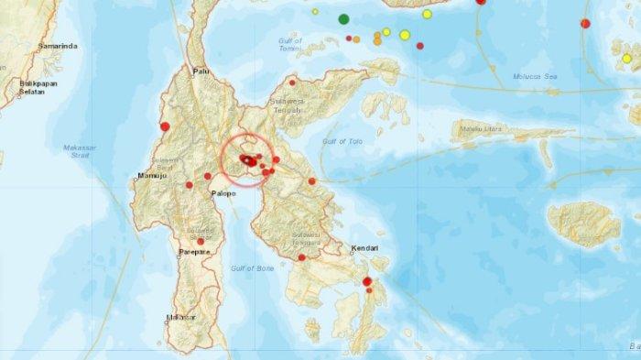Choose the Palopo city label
tap(224, 193)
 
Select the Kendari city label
tap(364, 248)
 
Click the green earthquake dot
tap(343, 18)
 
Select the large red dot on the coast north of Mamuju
tap(165, 126)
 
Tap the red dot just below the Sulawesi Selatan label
tap(201, 242)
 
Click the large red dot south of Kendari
tap(366, 281)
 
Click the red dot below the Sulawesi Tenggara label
tap(300, 257)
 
